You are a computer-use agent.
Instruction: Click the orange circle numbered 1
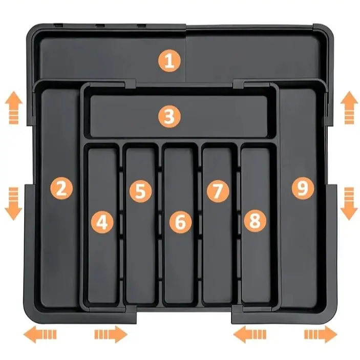coord(170,61)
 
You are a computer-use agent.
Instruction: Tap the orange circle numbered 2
coord(61,189)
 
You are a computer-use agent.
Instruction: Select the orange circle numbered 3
coord(170,117)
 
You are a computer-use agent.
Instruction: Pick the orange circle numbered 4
coord(102,222)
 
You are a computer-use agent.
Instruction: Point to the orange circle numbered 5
coord(140,191)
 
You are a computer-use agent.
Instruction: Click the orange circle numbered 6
coord(180,222)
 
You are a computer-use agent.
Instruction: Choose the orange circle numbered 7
coord(218,191)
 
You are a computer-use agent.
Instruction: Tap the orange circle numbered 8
coord(255,220)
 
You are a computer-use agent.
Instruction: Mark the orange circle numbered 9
coord(303,188)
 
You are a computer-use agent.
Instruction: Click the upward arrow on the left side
coord(14,108)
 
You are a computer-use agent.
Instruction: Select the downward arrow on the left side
coord(13,204)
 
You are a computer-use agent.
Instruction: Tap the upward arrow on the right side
coord(349,108)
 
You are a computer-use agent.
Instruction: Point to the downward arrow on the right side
coord(349,204)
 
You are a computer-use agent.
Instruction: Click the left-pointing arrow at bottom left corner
coord(40,334)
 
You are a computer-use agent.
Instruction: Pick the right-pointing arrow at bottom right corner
coord(321,334)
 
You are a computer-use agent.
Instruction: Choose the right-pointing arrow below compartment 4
coord(111,334)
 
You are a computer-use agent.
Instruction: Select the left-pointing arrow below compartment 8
coord(250,334)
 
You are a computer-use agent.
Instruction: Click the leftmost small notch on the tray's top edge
coord(58,25)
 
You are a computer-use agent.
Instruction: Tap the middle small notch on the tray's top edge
coord(100,26)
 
